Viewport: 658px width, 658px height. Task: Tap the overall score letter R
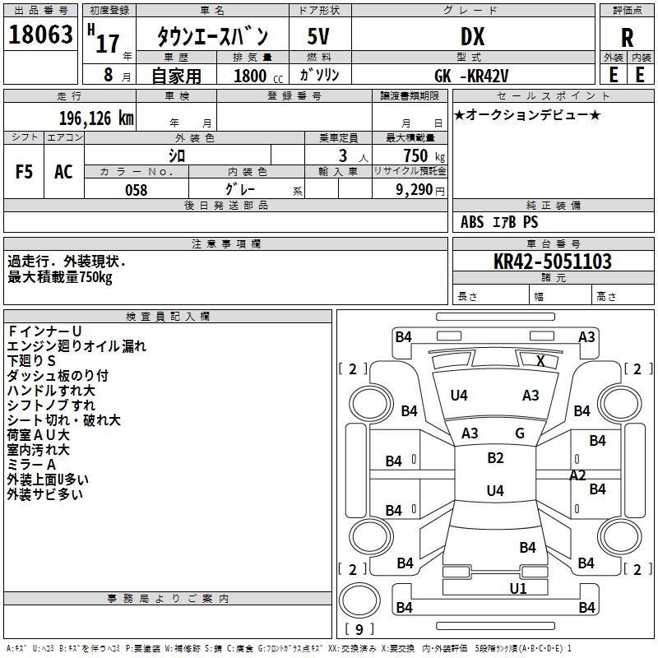click(x=627, y=38)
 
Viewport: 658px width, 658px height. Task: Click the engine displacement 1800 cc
click(x=254, y=76)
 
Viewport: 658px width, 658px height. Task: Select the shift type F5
click(x=25, y=172)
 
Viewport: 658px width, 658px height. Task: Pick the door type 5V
click(x=319, y=38)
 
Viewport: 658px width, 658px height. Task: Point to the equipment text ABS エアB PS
click(x=499, y=222)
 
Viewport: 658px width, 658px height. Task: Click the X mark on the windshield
click(x=540, y=360)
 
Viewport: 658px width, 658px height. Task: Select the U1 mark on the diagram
click(x=518, y=588)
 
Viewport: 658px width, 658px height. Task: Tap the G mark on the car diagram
click(x=520, y=433)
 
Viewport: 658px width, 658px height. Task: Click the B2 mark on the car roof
click(x=495, y=458)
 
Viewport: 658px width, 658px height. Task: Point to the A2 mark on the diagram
click(x=577, y=475)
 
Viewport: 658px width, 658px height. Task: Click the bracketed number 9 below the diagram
click(x=359, y=629)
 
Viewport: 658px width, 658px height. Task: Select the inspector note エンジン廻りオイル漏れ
click(x=76, y=346)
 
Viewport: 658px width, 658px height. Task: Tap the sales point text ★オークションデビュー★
click(x=527, y=114)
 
